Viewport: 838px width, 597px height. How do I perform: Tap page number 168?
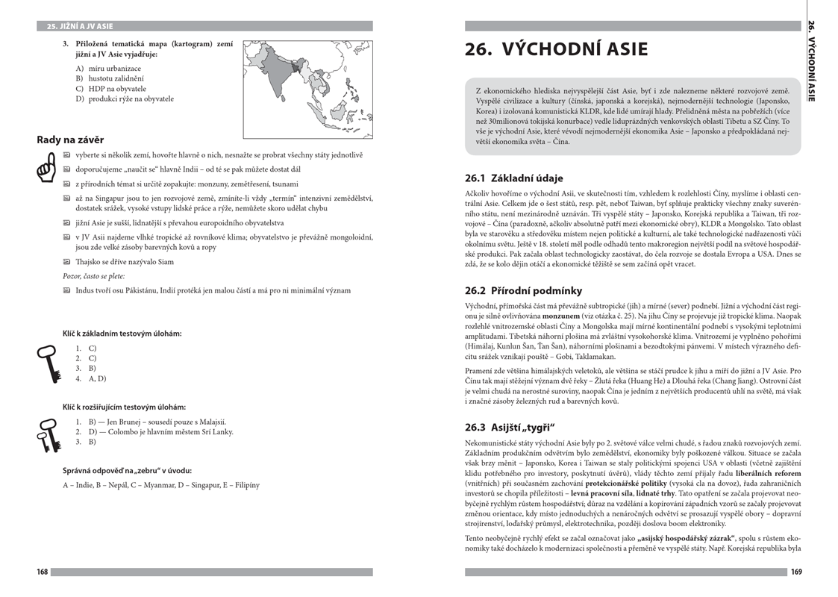43,572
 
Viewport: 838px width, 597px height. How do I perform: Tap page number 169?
795,572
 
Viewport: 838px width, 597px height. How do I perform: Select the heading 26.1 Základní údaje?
513,178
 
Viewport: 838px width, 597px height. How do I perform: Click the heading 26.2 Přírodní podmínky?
523,290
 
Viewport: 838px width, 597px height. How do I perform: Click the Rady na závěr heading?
70,140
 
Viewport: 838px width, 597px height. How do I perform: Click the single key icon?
49,363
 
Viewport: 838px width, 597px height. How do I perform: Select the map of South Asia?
307,89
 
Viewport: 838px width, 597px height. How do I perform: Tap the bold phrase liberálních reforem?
768,473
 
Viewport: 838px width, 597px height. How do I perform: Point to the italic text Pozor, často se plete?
93,276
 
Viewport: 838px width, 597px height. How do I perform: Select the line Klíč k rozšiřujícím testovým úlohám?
124,407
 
